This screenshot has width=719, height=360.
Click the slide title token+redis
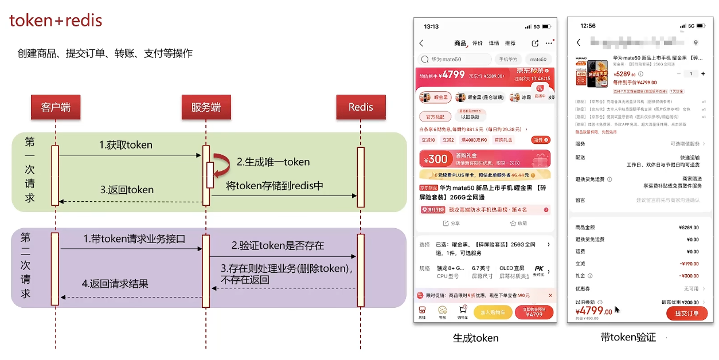[56, 21]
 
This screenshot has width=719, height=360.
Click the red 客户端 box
[55, 107]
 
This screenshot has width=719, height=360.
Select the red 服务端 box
[206, 107]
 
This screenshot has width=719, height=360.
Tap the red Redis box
[360, 107]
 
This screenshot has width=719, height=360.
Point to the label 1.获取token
[126, 145]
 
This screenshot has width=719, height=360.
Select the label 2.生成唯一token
[273, 162]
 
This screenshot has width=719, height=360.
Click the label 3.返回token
[127, 190]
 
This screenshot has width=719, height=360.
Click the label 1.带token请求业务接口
[134, 239]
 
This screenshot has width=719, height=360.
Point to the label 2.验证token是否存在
[278, 245]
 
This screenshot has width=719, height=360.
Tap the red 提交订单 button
[686, 314]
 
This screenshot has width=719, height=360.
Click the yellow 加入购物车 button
[493, 312]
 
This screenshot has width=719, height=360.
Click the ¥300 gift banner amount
[436, 159]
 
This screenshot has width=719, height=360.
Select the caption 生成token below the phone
[475, 338]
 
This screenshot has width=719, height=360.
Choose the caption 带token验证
[628, 338]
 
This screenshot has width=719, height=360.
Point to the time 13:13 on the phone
[431, 26]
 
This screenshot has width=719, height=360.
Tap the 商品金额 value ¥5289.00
[688, 228]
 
